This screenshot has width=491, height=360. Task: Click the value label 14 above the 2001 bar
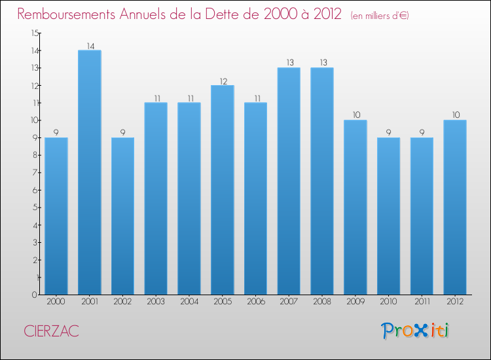(90, 46)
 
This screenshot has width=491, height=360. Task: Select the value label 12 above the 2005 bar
(223, 81)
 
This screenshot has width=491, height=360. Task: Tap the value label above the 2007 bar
(289, 63)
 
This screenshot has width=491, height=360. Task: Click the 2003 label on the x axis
(156, 302)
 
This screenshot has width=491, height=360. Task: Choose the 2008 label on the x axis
(322, 302)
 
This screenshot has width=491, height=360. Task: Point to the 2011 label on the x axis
(422, 302)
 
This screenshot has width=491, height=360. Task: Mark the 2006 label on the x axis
(256, 302)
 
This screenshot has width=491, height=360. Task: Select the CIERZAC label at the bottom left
(51, 331)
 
